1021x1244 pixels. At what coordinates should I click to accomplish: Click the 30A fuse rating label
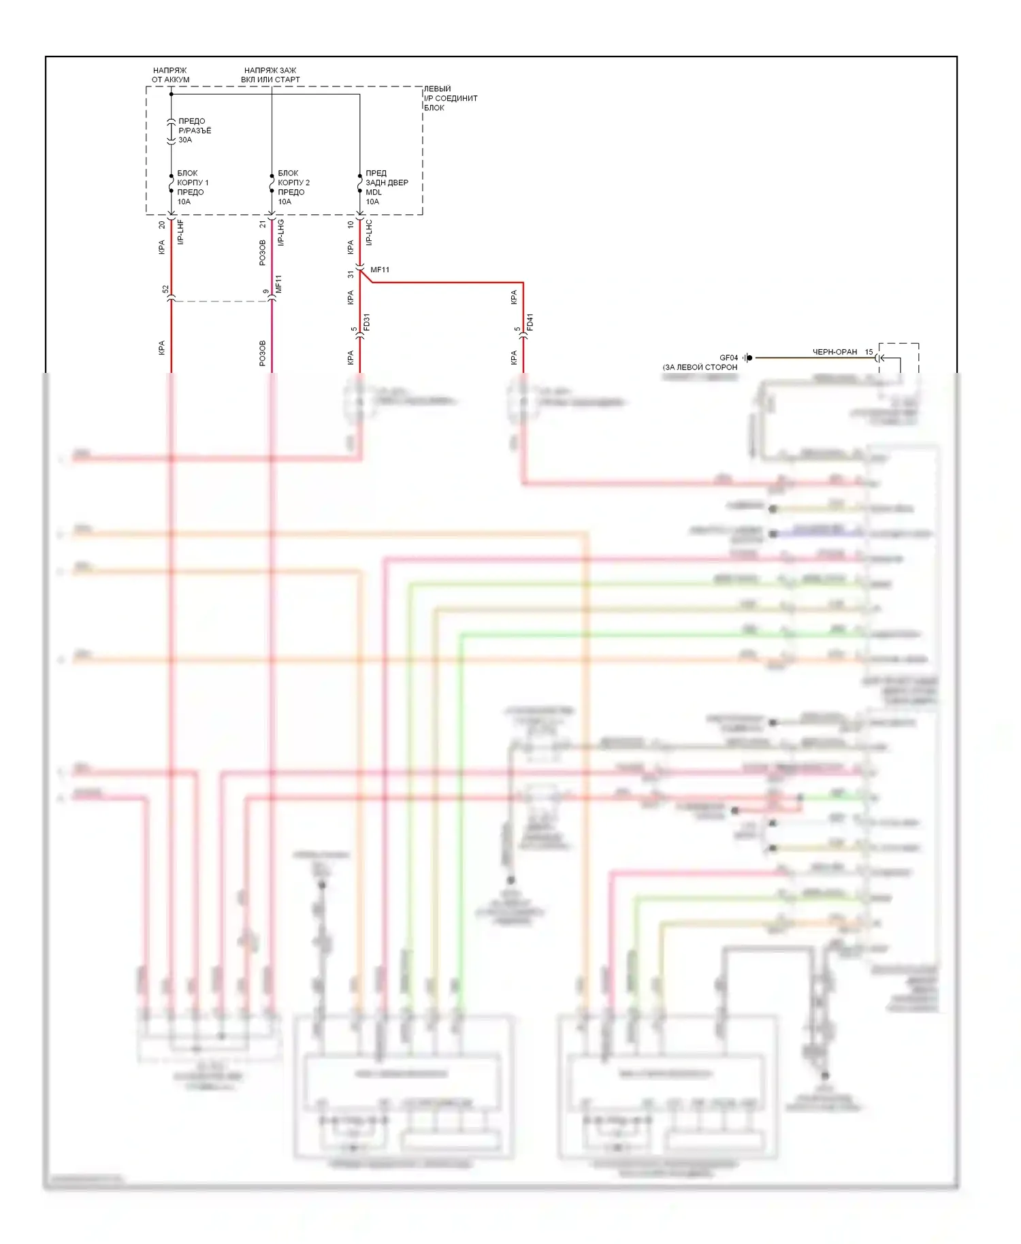(185, 140)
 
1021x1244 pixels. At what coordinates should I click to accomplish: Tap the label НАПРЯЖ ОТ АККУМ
(170, 75)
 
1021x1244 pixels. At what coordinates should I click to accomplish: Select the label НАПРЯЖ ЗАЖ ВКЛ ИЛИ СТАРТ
(270, 75)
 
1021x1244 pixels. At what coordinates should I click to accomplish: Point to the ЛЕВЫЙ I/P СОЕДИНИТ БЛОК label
(450, 98)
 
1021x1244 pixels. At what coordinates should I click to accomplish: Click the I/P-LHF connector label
(181, 232)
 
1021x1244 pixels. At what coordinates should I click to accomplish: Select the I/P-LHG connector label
(281, 232)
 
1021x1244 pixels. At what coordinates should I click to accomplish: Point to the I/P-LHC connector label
(369, 232)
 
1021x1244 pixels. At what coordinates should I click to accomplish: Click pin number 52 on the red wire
(165, 290)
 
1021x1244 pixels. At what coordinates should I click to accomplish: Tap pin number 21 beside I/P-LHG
(263, 224)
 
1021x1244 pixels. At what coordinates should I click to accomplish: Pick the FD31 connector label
(367, 322)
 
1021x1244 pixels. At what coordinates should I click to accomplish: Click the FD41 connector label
(530, 322)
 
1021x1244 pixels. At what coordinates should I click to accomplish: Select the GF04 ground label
(728, 358)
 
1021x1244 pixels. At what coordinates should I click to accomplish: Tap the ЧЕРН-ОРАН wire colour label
(834, 352)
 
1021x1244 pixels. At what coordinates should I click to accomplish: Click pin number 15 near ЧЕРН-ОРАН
(869, 352)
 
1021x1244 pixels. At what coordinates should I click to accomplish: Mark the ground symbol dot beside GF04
(749, 358)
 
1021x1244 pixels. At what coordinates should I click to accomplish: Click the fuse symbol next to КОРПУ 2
(272, 184)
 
